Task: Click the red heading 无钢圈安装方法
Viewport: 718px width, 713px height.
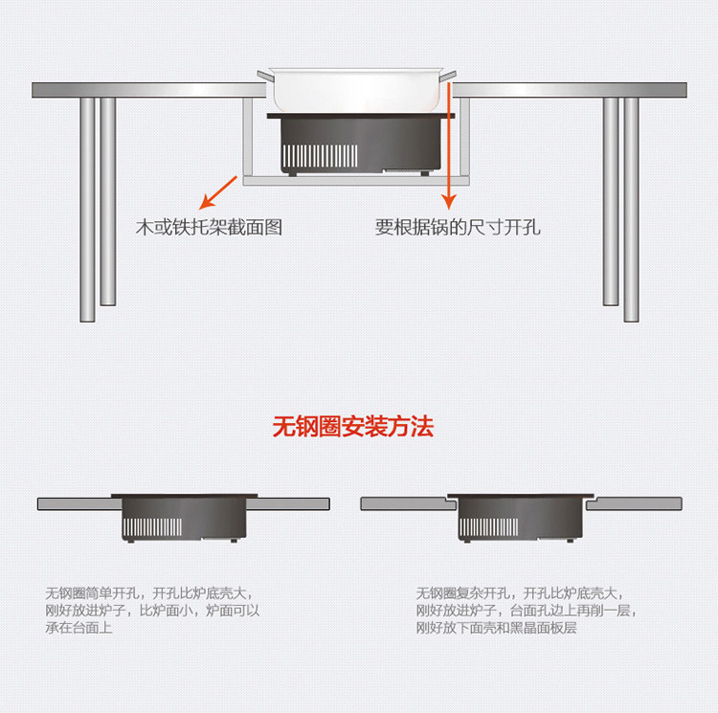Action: [x=353, y=426]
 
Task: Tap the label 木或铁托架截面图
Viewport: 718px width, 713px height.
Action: [x=209, y=228]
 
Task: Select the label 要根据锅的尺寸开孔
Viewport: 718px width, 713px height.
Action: [x=458, y=228]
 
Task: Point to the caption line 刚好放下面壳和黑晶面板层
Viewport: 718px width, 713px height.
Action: [x=497, y=629]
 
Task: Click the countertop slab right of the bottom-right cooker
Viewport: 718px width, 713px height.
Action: [x=634, y=503]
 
